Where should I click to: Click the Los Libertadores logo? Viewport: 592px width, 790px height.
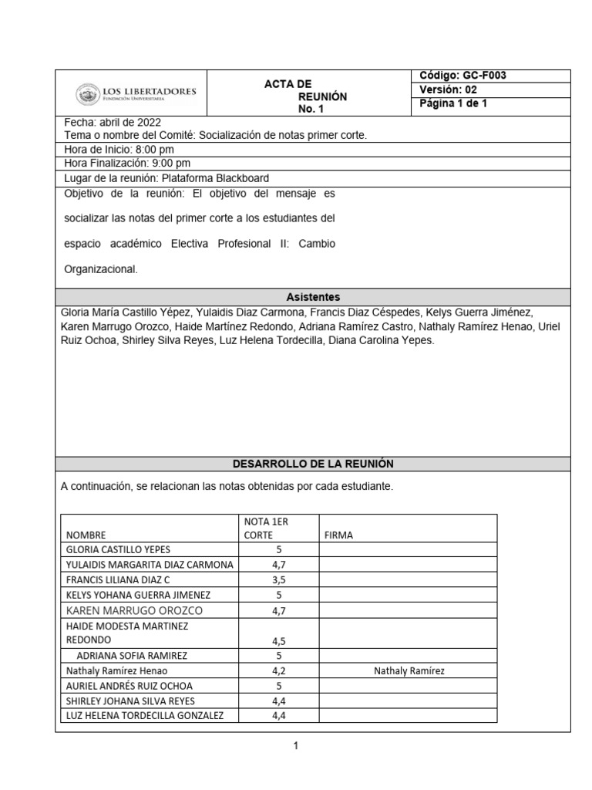[136, 94]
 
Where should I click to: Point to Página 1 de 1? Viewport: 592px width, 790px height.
[452, 103]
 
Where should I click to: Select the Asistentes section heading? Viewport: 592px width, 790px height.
[313, 297]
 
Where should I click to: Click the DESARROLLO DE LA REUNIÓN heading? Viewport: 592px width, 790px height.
[313, 464]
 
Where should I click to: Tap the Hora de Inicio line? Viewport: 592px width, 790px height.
[119, 150]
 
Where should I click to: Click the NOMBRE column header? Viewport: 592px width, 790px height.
[86, 535]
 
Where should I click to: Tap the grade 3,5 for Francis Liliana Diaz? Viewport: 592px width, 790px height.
[278, 579]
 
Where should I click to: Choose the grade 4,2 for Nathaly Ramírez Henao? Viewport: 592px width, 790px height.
[278, 671]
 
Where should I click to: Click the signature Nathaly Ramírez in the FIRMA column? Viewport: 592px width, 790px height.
[409, 671]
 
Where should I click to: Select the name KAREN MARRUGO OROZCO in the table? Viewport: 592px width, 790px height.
[135, 610]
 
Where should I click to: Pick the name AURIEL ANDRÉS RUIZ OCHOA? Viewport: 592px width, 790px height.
[129, 686]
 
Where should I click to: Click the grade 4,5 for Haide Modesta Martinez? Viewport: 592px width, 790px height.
[278, 640]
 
